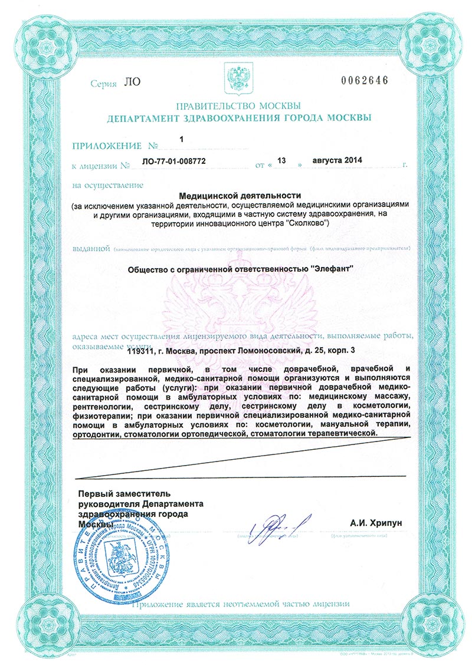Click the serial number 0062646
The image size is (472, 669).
click(x=365, y=81)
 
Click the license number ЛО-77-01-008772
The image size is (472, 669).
click(x=175, y=161)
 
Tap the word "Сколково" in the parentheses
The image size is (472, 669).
click(x=304, y=224)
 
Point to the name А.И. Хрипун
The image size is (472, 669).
click(x=371, y=522)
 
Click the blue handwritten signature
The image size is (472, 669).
click(x=277, y=522)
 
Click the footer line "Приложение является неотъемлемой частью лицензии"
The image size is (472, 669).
click(x=241, y=604)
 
